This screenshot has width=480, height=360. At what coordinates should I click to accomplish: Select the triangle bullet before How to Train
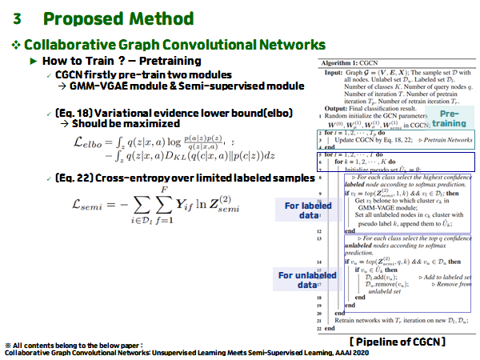coord(34,62)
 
